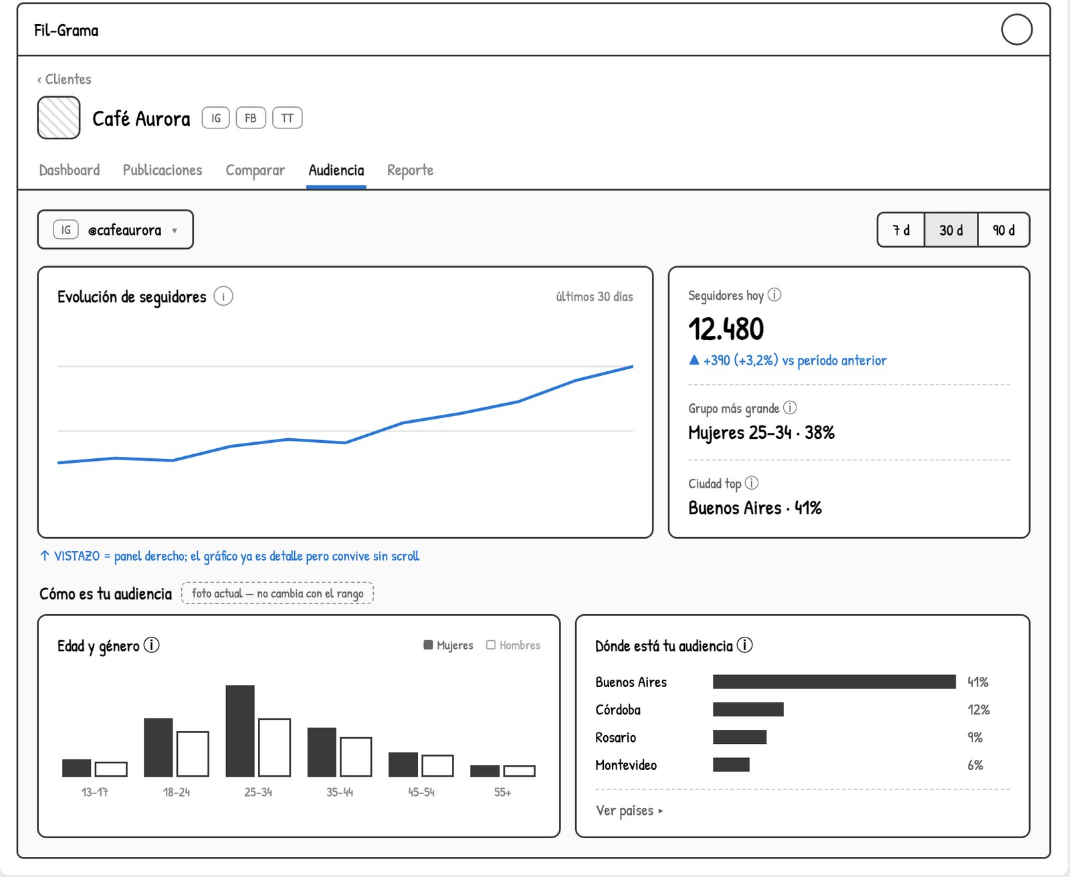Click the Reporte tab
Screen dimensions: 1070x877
pyautogui.click(x=410, y=170)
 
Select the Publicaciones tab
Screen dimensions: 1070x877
pyautogui.click(x=163, y=170)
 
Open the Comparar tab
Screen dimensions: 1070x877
pyautogui.click(x=255, y=170)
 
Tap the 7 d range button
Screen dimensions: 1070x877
pyautogui.click(x=901, y=230)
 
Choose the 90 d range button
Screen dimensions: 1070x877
pyautogui.click(x=1004, y=230)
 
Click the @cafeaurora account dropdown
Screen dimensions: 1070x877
pyautogui.click(x=116, y=229)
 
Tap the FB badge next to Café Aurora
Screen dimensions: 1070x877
pyautogui.click(x=251, y=118)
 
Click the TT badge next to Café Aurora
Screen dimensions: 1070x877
pyautogui.click(x=287, y=118)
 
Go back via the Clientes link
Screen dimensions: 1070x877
pyautogui.click(x=64, y=79)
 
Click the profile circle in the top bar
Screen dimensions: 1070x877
pyautogui.click(x=1016, y=29)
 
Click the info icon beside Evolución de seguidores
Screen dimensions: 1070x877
pyautogui.click(x=223, y=296)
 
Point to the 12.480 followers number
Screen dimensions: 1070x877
pyautogui.click(x=726, y=328)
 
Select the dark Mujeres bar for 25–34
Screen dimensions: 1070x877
pyautogui.click(x=240, y=730)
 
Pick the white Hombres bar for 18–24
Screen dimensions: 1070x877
pyautogui.click(x=193, y=754)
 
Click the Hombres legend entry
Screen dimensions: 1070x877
pyautogui.click(x=513, y=645)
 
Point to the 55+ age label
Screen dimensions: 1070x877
pyautogui.click(x=502, y=792)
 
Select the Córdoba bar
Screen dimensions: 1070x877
pyautogui.click(x=748, y=709)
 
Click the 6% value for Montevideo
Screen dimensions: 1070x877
pyautogui.click(x=975, y=765)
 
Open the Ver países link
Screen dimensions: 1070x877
pyautogui.click(x=629, y=811)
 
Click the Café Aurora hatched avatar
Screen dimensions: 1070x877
pyautogui.click(x=59, y=118)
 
